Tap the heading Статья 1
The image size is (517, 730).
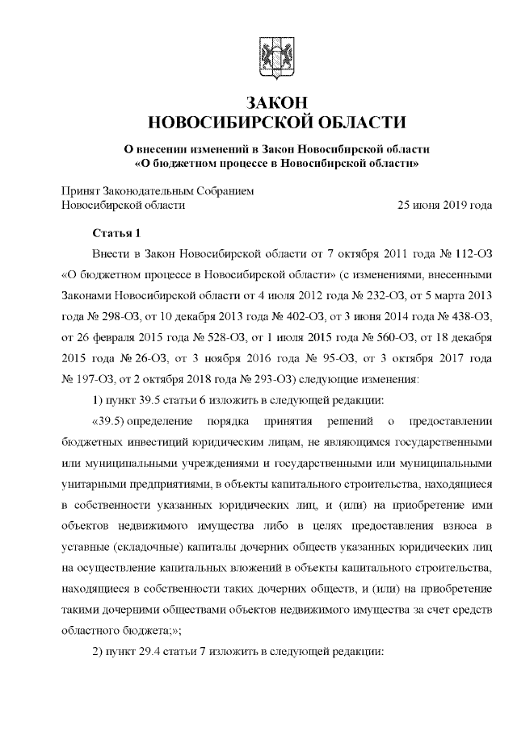(x=117, y=235)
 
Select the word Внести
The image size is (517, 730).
(x=112, y=253)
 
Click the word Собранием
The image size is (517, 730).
(x=229, y=190)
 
